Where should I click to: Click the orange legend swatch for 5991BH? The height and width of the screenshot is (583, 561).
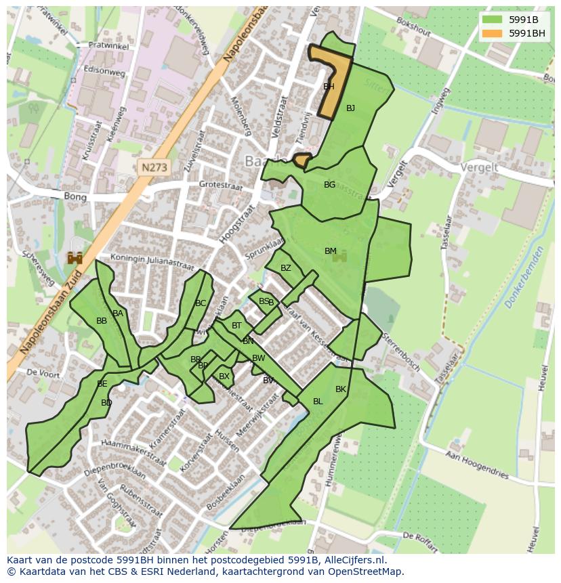[x=493, y=33]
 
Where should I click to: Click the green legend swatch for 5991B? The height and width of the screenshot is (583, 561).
[x=493, y=19]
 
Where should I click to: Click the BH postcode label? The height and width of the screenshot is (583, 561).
[x=329, y=87]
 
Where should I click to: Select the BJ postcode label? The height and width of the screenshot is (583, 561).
[x=350, y=108]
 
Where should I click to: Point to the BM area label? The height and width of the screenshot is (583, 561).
[x=330, y=251]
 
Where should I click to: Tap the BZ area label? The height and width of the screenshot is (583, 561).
[x=285, y=268]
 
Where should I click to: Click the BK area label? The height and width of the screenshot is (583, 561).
[x=341, y=389]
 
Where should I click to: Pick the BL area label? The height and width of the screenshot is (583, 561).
[x=318, y=402]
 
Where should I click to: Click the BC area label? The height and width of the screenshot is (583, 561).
[x=201, y=303]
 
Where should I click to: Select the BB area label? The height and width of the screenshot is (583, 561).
[x=102, y=321]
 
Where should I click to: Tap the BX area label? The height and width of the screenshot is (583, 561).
[x=224, y=376]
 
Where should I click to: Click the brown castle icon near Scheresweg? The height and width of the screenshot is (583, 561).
[x=75, y=258]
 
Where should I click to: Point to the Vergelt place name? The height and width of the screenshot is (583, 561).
[x=478, y=167]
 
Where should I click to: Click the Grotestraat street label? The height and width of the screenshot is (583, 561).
[x=221, y=184]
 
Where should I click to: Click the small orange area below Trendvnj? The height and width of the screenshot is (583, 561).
[x=302, y=160]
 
